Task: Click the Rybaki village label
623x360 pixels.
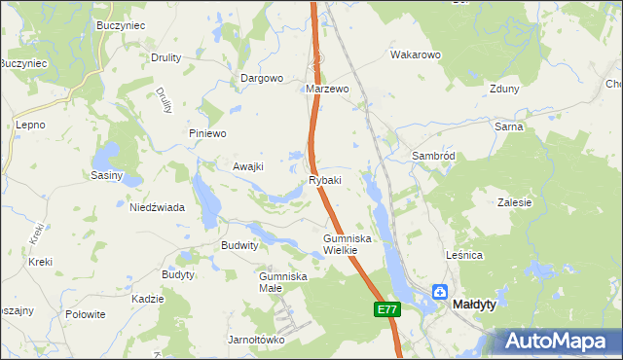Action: coord(325,180)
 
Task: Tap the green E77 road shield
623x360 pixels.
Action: coord(386,309)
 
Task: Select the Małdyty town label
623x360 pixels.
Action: coord(474,305)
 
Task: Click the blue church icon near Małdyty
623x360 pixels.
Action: coord(440,291)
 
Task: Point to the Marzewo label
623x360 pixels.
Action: coord(327,89)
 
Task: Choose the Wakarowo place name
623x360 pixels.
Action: coord(417,55)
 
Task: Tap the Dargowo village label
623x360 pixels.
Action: coord(261,78)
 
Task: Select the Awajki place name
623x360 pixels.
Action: coord(248,166)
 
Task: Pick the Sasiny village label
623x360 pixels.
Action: coord(106,175)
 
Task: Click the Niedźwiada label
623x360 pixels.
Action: coord(158,207)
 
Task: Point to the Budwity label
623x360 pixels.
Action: coord(240,246)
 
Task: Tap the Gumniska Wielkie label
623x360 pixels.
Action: coord(348,244)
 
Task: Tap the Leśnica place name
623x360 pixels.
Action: coord(463,255)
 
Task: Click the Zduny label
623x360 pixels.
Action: coord(504,89)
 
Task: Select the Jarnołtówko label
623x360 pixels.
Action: coord(255,340)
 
